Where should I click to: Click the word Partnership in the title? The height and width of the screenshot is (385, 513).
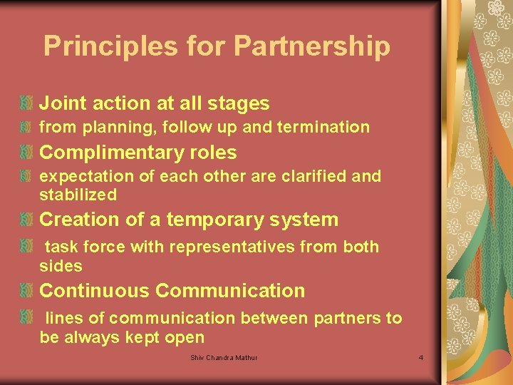(312, 46)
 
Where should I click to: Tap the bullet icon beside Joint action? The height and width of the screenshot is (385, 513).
(26, 103)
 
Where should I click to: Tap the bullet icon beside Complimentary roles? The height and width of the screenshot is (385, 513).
(26, 153)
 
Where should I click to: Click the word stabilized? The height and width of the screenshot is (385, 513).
(78, 195)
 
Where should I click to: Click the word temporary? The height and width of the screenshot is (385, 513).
(213, 220)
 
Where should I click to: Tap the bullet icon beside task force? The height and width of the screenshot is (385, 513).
(26, 247)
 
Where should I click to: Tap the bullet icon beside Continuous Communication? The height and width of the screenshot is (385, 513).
(26, 291)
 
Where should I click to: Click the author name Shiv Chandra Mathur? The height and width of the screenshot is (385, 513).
(224, 356)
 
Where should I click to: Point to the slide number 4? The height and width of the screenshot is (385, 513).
(421, 356)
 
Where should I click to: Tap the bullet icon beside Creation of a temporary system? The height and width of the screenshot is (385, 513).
(26, 220)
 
